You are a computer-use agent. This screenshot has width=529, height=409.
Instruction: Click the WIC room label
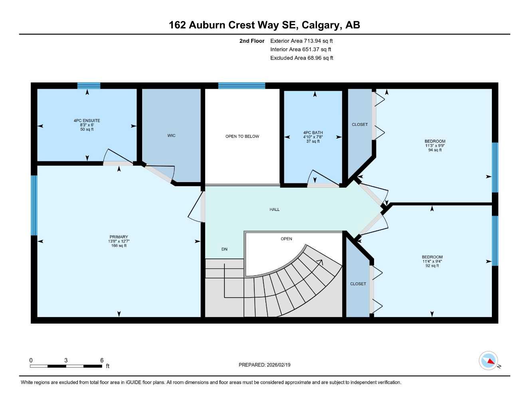pyautogui.click(x=171, y=136)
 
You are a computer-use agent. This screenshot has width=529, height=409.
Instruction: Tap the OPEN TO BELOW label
pyautogui.click(x=242, y=137)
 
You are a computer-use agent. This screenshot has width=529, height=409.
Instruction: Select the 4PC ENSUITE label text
pyautogui.click(x=87, y=121)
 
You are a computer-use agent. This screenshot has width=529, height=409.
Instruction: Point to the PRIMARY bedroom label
pyautogui.click(x=119, y=237)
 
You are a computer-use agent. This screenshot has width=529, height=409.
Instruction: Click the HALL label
pyautogui.click(x=274, y=210)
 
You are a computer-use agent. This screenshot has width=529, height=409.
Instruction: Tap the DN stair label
pyautogui.click(x=224, y=249)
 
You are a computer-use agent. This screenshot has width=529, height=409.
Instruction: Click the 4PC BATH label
pyautogui.click(x=313, y=133)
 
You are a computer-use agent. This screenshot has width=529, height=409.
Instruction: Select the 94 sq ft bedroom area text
pyautogui.click(x=435, y=150)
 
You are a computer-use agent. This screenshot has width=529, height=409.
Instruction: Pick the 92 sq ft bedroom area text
pyautogui.click(x=432, y=266)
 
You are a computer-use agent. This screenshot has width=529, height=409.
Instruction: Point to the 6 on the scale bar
pyautogui.click(x=102, y=360)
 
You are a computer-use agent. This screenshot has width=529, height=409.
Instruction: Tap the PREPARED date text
pyautogui.click(x=264, y=365)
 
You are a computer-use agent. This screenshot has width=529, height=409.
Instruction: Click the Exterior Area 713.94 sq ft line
pyautogui.click(x=301, y=41)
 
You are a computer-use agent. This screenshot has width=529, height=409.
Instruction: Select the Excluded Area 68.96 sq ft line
pyautogui.click(x=301, y=58)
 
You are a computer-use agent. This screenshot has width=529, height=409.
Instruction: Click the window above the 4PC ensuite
pyautogui.click(x=89, y=85)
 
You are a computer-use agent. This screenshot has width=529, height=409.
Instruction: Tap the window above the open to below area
pyautogui.click(x=242, y=85)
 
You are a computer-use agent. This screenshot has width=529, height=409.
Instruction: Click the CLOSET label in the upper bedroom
pyautogui.click(x=360, y=125)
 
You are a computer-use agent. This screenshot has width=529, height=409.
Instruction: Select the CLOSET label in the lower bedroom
pyautogui.click(x=358, y=284)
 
